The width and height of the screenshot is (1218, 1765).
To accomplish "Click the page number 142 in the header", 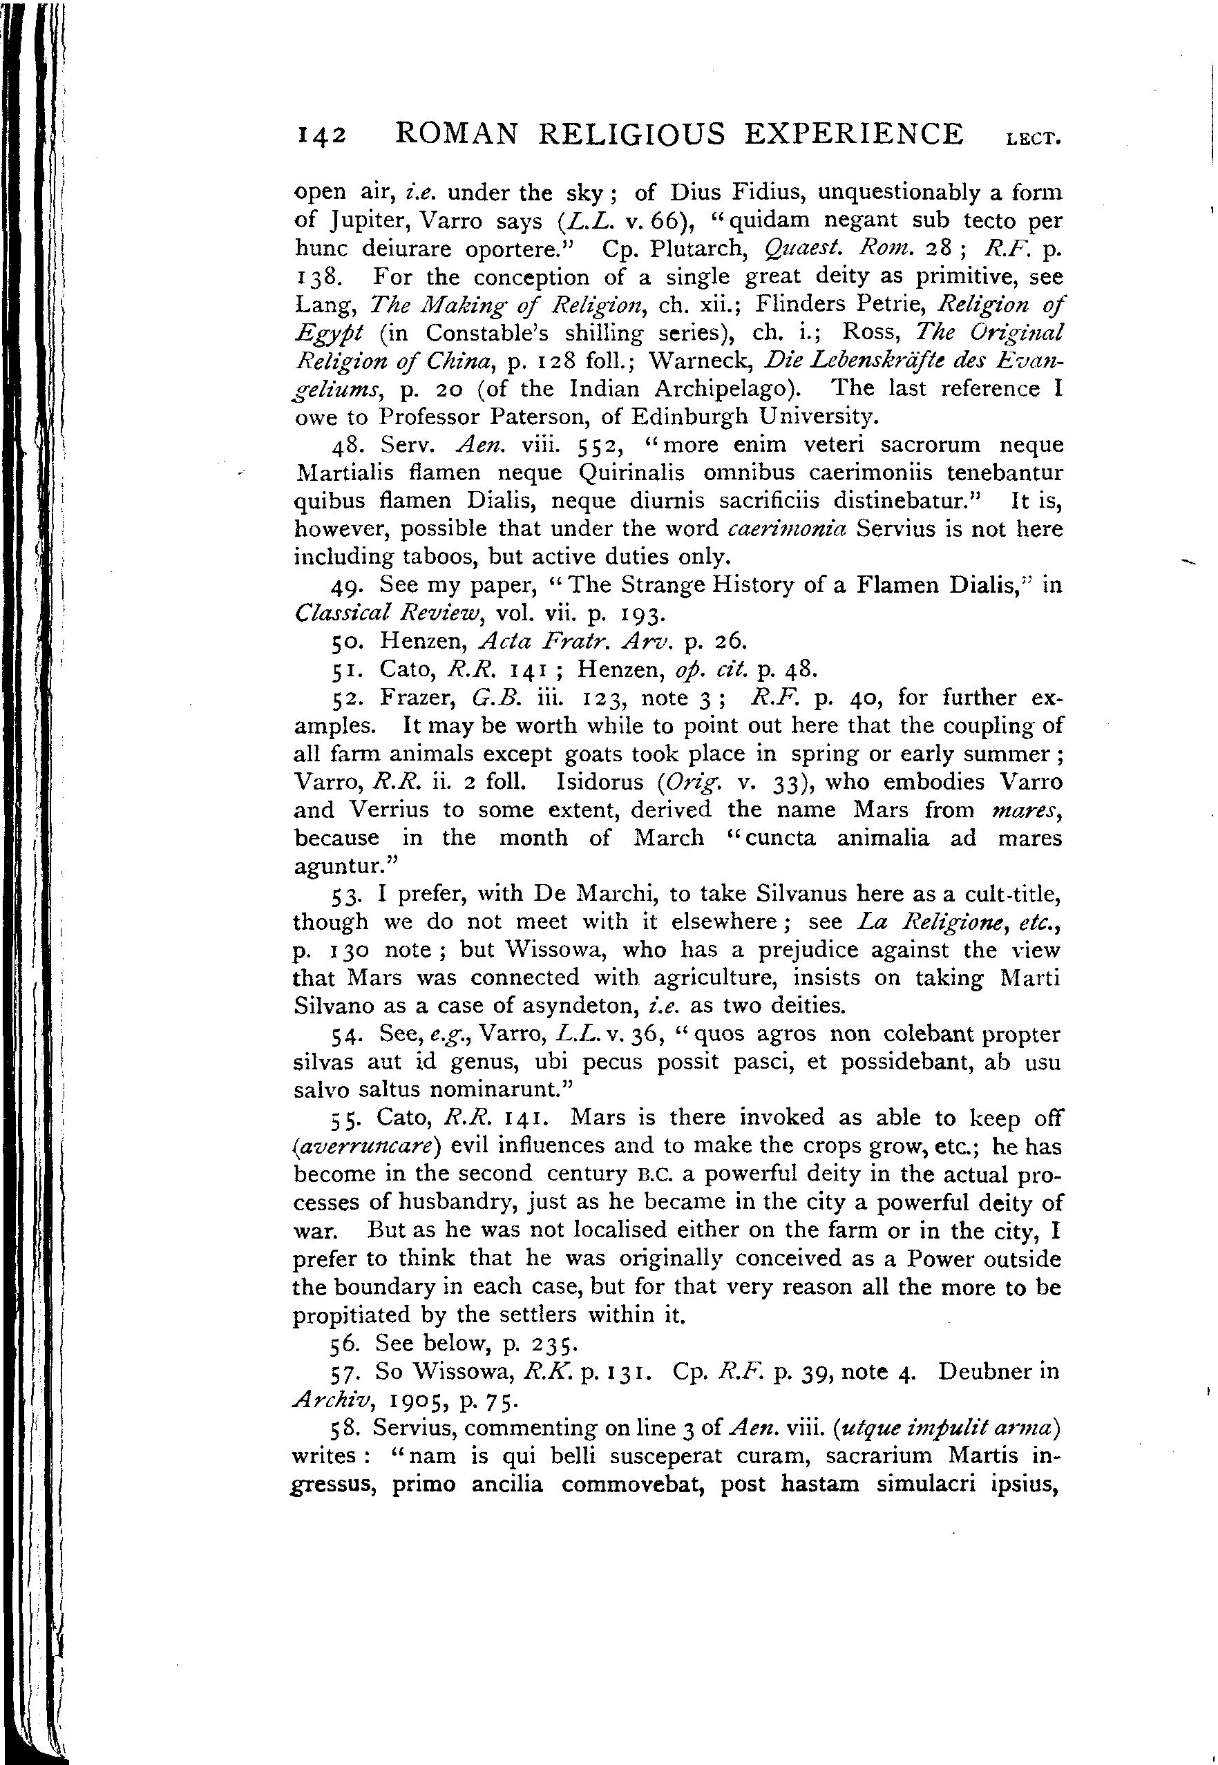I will pos(321,136).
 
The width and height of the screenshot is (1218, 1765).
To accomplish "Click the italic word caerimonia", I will pos(787,529).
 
